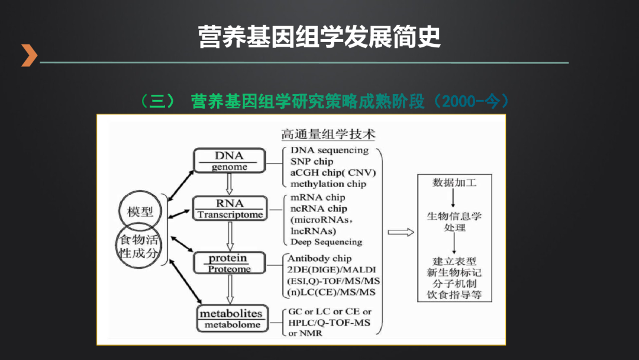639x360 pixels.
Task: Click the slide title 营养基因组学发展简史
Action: (319, 36)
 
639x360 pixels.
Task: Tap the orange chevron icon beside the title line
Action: (28, 55)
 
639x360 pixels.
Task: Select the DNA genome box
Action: (229, 161)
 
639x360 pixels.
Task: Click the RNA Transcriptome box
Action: (230, 208)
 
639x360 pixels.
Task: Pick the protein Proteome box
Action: (228, 263)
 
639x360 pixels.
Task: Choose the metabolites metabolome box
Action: (230, 319)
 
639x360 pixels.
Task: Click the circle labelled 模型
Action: (140, 211)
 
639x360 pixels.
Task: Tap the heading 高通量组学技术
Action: (328, 135)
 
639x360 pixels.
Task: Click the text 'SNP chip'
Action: (311, 162)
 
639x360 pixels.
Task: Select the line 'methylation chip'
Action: (328, 184)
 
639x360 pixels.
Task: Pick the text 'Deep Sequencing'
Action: (326, 242)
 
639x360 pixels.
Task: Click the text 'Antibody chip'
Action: (319, 259)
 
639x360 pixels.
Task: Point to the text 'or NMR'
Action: (306, 333)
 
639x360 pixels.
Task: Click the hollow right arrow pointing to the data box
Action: (401, 232)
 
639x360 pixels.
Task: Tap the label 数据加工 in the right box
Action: (454, 183)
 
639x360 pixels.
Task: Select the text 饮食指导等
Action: (454, 295)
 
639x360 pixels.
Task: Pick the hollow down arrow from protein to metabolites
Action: (230, 290)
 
